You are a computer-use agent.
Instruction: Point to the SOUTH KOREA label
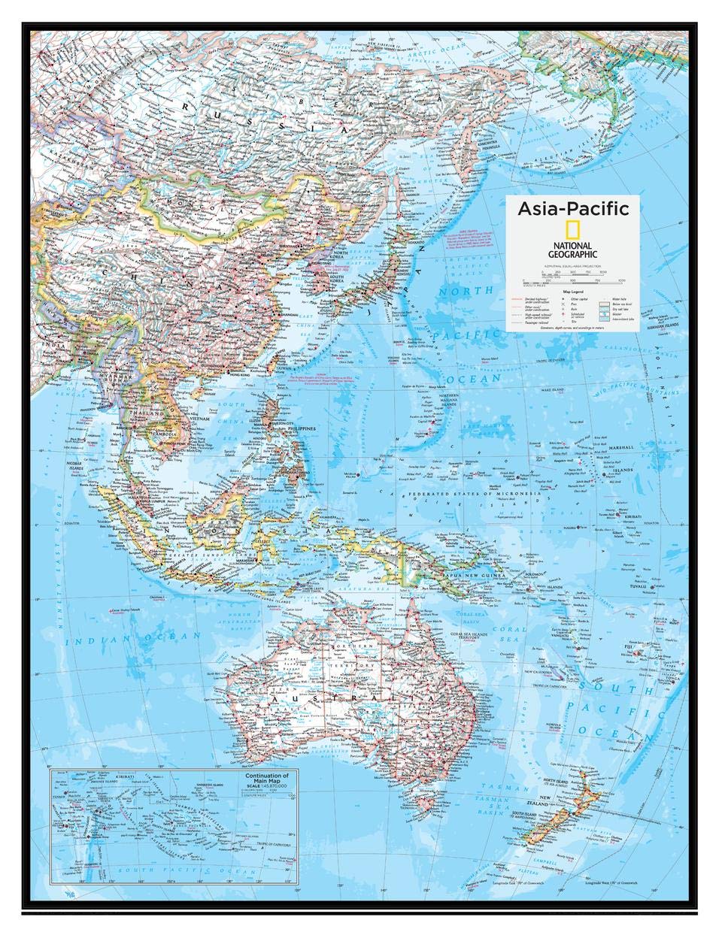pyautogui.click(x=344, y=278)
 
